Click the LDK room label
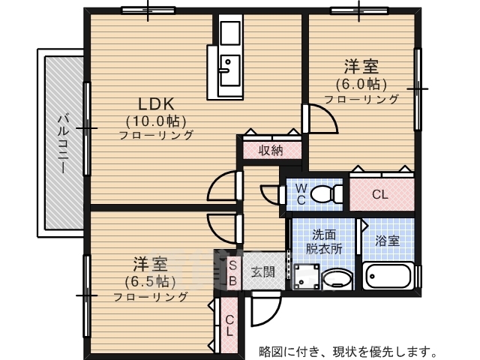155,103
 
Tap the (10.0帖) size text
155,120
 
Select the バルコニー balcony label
64,142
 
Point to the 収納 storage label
271,150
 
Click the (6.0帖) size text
361,83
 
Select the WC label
300,193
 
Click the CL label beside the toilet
380,194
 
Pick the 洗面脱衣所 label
323,240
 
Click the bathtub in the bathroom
388,277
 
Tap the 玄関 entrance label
262,271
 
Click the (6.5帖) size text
150,281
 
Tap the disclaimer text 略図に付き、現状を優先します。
348,350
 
